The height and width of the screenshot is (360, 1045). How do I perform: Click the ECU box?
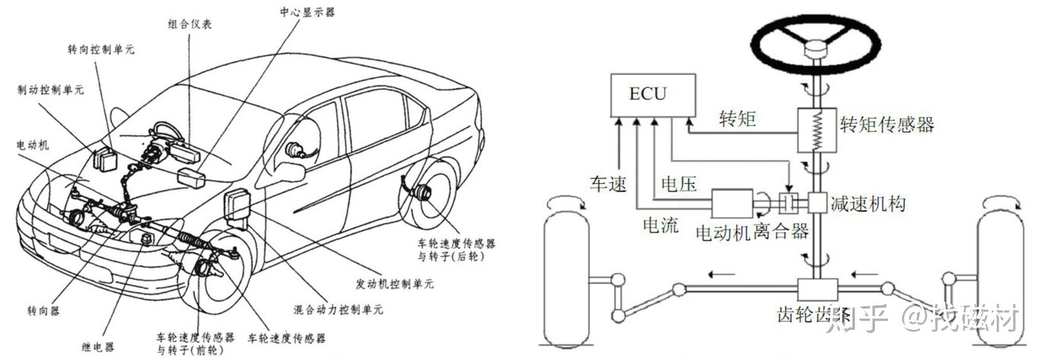[x=653, y=95]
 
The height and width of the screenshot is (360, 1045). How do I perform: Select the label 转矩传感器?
[x=886, y=124]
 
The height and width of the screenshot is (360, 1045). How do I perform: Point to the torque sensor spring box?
[x=817, y=130]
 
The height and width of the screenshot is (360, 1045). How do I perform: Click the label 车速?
[x=608, y=184]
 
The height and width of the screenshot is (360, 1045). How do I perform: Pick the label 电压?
[x=679, y=184]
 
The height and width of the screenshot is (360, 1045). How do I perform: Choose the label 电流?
[x=660, y=225]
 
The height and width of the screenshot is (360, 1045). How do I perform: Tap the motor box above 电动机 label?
[x=732, y=204]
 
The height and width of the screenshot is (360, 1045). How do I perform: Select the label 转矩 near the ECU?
[x=737, y=119]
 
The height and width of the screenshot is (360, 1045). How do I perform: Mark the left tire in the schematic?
[x=566, y=277]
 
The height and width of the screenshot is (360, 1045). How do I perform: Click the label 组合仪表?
[x=189, y=24]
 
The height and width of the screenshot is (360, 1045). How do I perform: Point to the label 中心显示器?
[x=307, y=11]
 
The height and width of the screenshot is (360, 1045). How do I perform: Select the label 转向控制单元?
[x=101, y=49]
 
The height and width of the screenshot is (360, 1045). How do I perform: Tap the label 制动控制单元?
[x=50, y=90]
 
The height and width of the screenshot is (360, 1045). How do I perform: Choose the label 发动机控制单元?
[x=395, y=283]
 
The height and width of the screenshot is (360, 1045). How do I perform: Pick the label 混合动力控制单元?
[x=338, y=310]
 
